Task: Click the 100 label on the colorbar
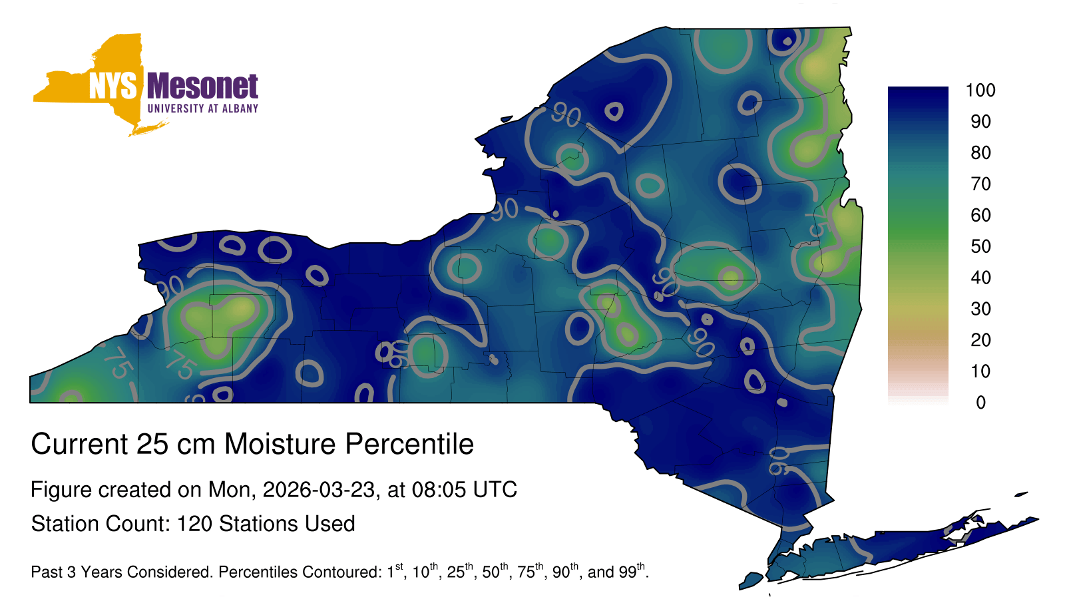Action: (x=980, y=91)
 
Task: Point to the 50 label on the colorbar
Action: (x=980, y=246)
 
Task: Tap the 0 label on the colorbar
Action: (x=981, y=403)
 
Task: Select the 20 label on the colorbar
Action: (x=980, y=340)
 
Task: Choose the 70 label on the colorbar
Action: (x=980, y=184)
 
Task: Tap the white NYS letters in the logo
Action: (x=113, y=86)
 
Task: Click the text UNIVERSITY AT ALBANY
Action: (x=203, y=108)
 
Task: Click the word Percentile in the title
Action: (x=409, y=444)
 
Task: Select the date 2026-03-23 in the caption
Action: (x=319, y=490)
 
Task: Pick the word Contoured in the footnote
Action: (x=338, y=572)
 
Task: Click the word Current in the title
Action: (x=79, y=444)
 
